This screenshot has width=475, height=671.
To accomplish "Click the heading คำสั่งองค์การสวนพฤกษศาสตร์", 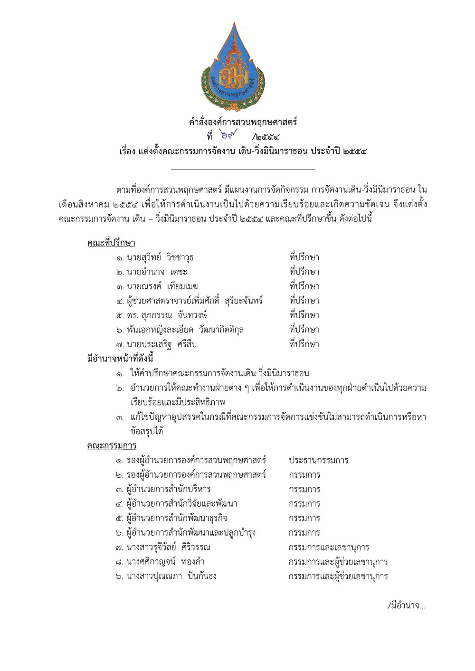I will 243,122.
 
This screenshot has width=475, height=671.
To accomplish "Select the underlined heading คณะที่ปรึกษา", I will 111,243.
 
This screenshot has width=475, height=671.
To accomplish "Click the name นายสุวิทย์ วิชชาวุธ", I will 160,258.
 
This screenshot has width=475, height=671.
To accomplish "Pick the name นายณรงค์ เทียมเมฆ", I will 162,286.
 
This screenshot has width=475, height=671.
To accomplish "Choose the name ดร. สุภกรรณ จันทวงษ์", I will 167,315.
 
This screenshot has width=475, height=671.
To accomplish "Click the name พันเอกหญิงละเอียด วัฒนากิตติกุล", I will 185,330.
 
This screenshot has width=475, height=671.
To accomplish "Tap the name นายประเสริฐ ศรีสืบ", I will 161,344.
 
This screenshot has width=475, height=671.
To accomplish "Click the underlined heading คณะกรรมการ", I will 112,446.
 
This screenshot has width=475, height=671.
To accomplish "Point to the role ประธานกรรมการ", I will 318,460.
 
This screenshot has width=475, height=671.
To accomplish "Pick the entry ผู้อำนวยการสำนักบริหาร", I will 169,489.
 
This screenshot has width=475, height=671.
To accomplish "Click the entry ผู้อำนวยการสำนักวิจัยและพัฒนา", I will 182,504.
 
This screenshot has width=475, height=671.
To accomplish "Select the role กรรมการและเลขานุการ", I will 329,547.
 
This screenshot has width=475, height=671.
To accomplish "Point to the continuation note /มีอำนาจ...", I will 407,606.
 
